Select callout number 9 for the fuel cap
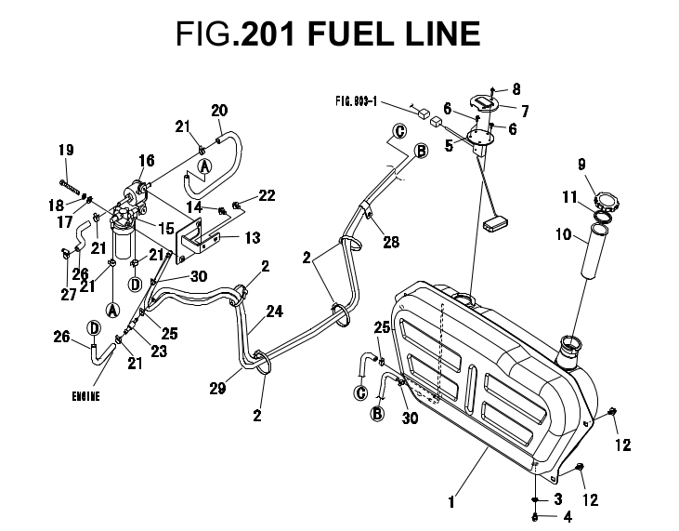pos(581,165)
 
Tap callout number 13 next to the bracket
pos(252,238)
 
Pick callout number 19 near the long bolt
pos(65,151)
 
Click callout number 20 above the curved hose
pos(219,111)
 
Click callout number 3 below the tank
pos(557,499)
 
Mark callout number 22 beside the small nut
pos(267,195)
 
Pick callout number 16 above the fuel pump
pos(147,161)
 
